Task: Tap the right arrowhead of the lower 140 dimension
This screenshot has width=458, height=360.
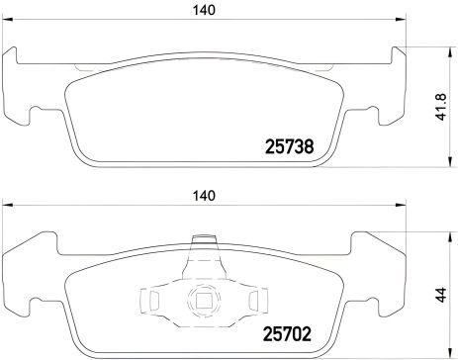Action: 403,209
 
